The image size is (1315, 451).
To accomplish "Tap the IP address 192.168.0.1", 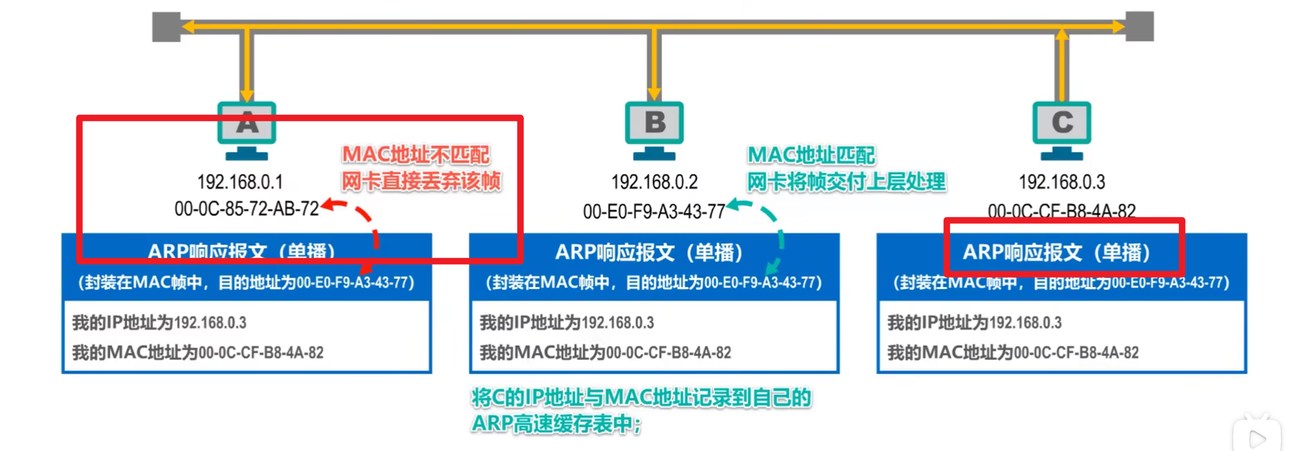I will [x=240, y=182].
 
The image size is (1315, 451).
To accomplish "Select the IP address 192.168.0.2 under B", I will [x=654, y=182].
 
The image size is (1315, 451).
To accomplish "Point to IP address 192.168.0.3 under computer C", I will [x=1061, y=182].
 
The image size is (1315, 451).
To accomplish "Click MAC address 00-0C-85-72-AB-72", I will [x=247, y=208].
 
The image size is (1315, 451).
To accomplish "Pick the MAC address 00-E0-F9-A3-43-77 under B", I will [x=654, y=211].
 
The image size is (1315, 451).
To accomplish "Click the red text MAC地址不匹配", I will [x=416, y=154].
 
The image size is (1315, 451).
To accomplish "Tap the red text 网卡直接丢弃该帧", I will [x=421, y=181].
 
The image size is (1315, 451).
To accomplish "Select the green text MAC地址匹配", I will [x=811, y=155].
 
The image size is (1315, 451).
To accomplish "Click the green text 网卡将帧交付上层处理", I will [x=846, y=182].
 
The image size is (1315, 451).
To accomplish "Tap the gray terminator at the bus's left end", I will [x=166, y=27].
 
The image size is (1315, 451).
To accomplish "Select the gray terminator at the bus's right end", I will [x=1139, y=27].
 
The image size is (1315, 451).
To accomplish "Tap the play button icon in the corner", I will [x=1257, y=438].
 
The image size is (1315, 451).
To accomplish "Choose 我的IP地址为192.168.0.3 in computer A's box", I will [x=159, y=323].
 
